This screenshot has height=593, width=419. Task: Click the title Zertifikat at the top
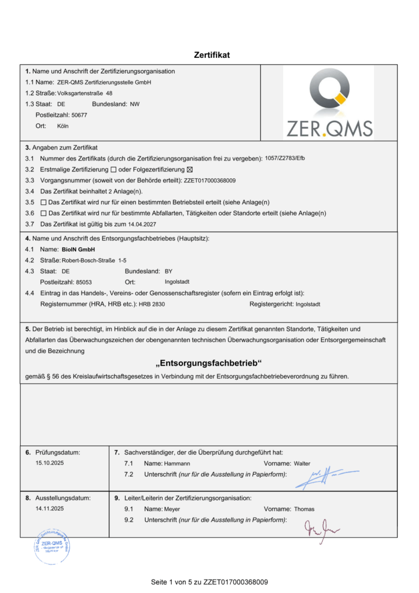click(x=212, y=55)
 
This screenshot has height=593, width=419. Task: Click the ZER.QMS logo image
click(x=328, y=103)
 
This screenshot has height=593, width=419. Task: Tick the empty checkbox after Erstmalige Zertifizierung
click(x=113, y=169)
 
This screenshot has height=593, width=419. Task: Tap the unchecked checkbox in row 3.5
click(x=43, y=202)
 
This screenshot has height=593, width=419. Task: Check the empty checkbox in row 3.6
click(x=43, y=213)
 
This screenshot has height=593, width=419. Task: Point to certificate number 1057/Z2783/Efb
click(x=284, y=158)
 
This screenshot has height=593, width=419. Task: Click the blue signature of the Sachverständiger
click(x=324, y=477)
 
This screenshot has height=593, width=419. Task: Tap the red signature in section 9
click(x=322, y=527)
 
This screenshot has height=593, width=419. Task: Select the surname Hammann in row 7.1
click(x=177, y=464)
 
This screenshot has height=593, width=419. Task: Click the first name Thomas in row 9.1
click(x=304, y=509)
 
